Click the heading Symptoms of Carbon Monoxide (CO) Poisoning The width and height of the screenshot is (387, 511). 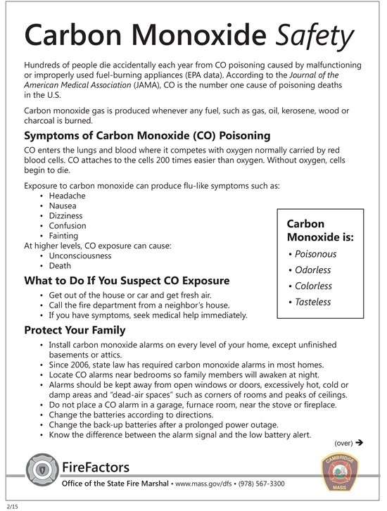pyautogui.click(x=147, y=135)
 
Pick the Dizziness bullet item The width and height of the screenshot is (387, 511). pyautogui.click(x=66, y=215)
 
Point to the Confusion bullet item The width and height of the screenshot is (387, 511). pyautogui.click(x=68, y=226)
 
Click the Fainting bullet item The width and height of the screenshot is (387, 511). pyautogui.click(x=64, y=236)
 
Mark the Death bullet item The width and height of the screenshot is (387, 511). pyautogui.click(x=60, y=266)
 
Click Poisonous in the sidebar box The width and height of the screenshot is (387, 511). pyautogui.click(x=315, y=254)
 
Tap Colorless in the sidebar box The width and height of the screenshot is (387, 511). pyautogui.click(x=313, y=286)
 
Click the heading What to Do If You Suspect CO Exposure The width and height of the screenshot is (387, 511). pyautogui.click(x=127, y=281)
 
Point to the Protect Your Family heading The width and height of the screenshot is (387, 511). pyautogui.click(x=75, y=330)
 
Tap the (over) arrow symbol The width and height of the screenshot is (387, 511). pyautogui.click(x=358, y=443)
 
